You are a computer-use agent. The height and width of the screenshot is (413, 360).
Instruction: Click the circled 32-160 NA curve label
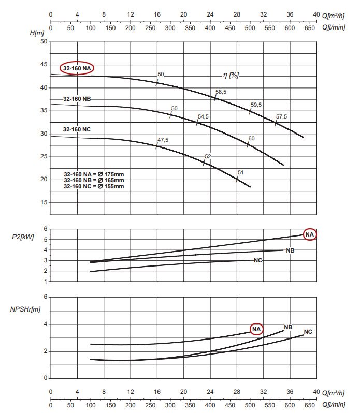[x=77, y=68]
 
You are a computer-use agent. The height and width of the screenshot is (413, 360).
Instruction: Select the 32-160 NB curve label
[x=77, y=98]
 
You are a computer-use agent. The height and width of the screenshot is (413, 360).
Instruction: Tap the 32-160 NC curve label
[x=77, y=129]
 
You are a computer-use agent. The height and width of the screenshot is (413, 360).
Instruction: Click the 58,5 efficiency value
[x=221, y=92]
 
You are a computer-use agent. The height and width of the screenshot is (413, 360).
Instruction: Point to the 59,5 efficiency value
[x=256, y=105]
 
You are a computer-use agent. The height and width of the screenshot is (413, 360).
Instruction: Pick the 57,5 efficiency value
[x=281, y=117]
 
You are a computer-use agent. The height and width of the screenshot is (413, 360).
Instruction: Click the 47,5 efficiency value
[x=163, y=140]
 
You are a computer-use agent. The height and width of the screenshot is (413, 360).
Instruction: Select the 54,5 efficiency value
[x=203, y=117]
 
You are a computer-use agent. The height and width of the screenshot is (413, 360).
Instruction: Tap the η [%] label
[x=231, y=75]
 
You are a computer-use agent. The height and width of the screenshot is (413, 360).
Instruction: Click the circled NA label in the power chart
[x=309, y=234]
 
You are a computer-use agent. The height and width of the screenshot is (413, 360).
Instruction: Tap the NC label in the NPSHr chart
[x=308, y=331]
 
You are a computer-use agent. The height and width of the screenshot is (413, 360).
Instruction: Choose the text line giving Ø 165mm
[x=93, y=180]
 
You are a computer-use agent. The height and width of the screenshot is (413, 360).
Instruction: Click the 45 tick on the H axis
[x=44, y=65]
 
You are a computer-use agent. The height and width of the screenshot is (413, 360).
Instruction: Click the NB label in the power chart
[x=290, y=250]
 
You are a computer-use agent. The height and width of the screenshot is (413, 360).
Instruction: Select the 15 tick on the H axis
[x=44, y=202]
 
